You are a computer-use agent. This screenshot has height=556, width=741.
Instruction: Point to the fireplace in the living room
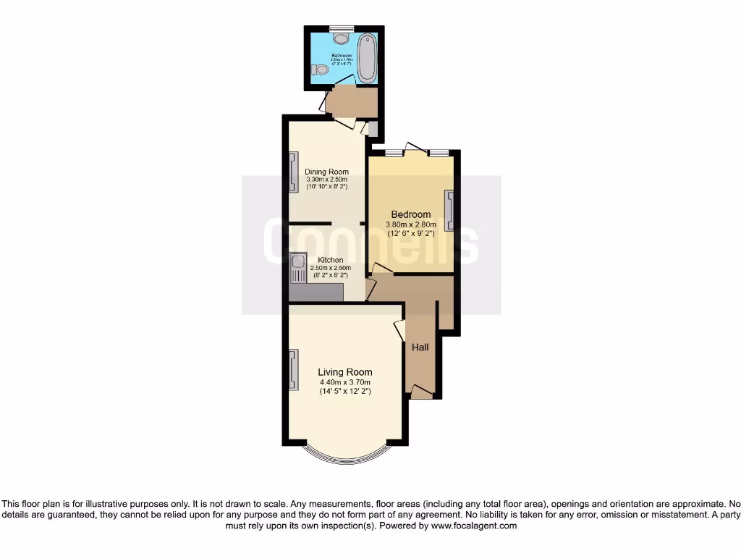coord(293,369)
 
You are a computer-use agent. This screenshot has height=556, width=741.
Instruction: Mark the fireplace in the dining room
coord(293,172)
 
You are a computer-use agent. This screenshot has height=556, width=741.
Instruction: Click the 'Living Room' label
coord(345,372)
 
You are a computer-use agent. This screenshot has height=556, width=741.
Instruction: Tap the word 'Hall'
coord(420,347)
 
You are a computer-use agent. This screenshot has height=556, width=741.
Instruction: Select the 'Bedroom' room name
coord(411,214)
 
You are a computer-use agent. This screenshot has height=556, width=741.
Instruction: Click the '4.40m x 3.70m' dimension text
coord(345,382)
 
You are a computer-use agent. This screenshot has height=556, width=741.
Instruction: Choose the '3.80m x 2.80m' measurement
coord(411,224)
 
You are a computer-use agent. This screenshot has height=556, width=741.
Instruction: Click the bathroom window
coord(338,28)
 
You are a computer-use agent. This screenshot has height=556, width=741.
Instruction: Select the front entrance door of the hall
coord(421,392)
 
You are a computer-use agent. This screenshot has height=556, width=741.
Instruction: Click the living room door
coord(399,330)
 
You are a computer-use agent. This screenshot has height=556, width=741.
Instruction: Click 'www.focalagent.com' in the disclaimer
coord(474,526)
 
